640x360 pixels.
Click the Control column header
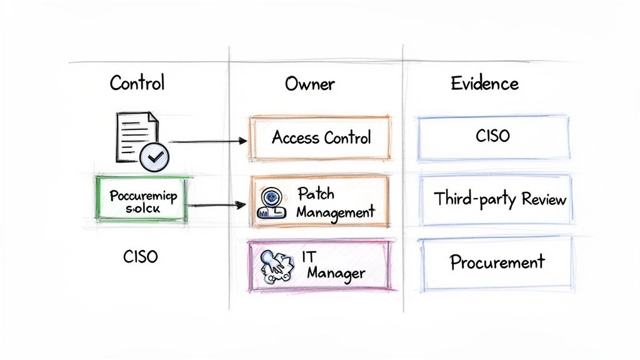137,83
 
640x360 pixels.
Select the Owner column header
309,84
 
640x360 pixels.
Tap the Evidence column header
484,83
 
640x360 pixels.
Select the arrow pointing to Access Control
207,142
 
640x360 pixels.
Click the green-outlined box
142,199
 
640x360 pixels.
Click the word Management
335,212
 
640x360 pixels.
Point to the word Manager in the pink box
336,274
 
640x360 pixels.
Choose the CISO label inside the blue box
492,137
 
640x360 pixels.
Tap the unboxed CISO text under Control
141,256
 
